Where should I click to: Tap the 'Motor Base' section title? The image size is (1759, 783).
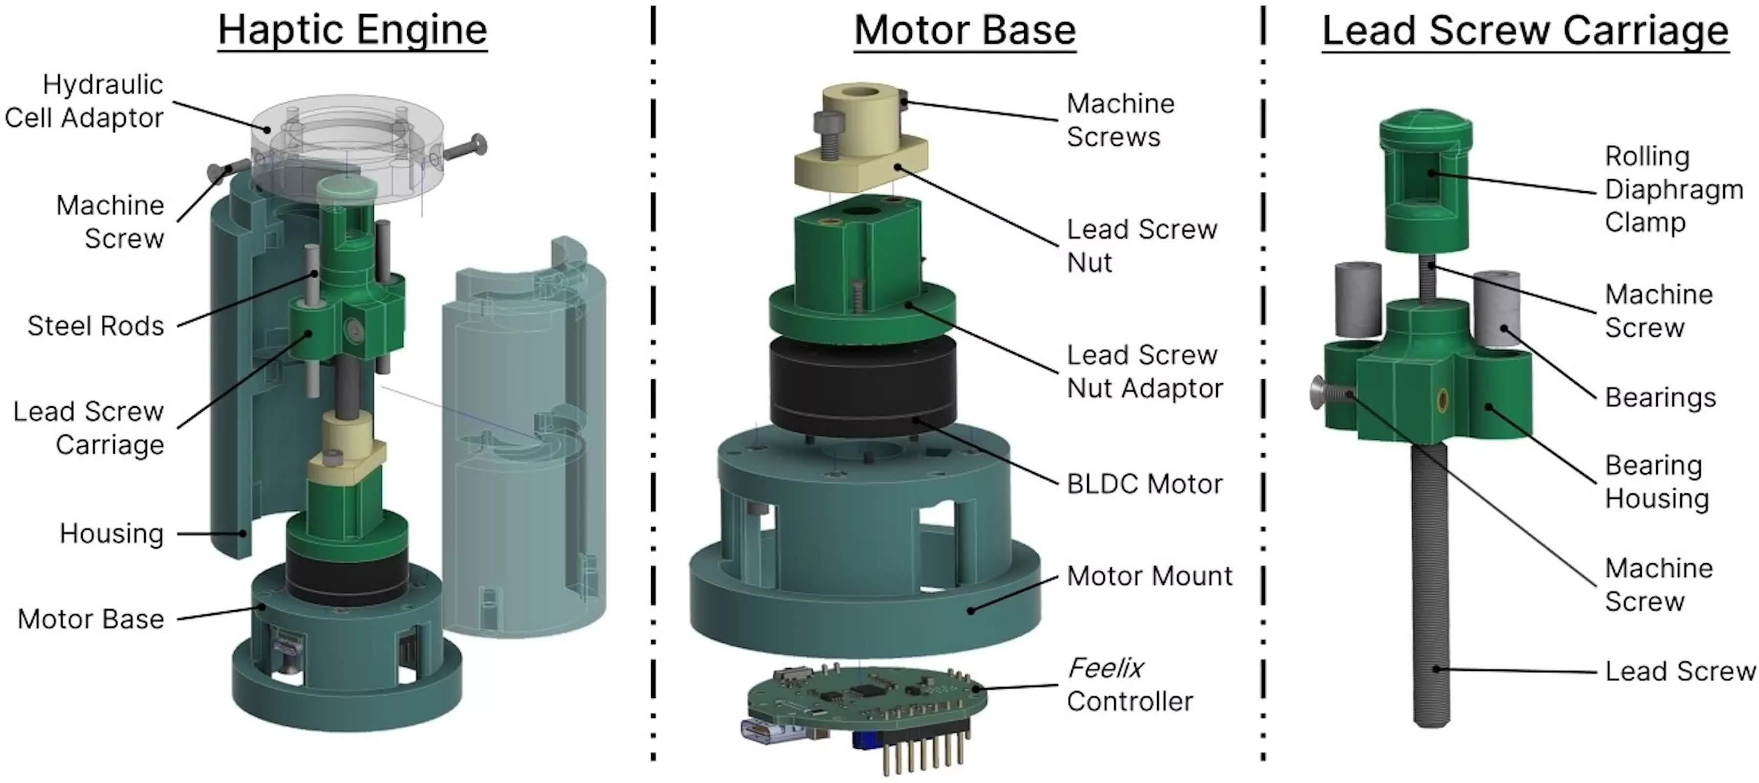(x=965, y=31)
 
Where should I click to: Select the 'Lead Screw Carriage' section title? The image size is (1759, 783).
(x=1525, y=31)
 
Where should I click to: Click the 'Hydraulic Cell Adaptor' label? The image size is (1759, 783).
(x=85, y=101)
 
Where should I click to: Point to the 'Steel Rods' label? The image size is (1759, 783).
(x=96, y=326)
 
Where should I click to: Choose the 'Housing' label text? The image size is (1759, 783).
(x=111, y=533)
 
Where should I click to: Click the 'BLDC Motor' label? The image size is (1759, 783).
(x=1144, y=484)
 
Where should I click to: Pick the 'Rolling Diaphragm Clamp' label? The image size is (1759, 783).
(x=1673, y=189)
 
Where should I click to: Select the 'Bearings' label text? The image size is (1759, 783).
(x=1660, y=398)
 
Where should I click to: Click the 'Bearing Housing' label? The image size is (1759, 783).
(x=1656, y=482)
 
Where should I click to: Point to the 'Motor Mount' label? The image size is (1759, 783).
(x=1149, y=576)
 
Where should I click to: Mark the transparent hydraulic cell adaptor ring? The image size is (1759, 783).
(x=347, y=147)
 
